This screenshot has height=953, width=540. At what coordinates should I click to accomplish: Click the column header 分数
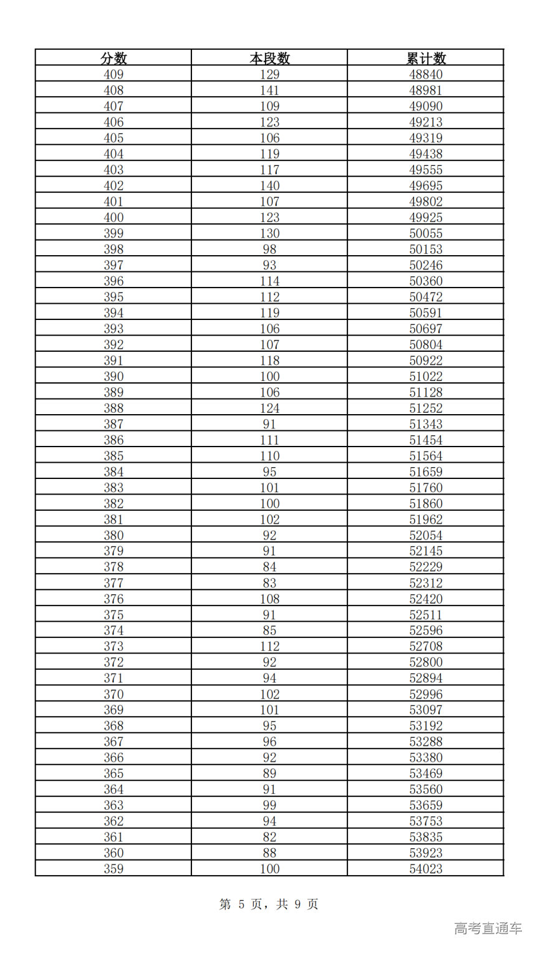point(113,59)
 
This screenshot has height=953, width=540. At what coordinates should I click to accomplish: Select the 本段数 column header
point(269,59)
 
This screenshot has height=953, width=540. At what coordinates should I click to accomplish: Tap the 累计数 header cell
point(426,59)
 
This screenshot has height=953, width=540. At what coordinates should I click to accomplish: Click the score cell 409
point(113,74)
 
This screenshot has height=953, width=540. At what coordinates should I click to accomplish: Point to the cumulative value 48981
point(426,90)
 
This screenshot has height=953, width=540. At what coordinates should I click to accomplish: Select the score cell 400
point(113,218)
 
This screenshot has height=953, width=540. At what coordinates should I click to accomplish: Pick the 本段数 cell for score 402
point(269,186)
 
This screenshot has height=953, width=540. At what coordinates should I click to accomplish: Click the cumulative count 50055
point(426,233)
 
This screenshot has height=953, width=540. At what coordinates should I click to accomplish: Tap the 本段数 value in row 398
point(269,249)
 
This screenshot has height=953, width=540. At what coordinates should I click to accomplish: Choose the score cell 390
point(113,377)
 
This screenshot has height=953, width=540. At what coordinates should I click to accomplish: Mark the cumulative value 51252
point(426,409)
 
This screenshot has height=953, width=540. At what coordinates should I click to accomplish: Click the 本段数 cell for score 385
point(269,456)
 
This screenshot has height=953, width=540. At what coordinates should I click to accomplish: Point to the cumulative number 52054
point(426,535)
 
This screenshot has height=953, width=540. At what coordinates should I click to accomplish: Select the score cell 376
point(113,599)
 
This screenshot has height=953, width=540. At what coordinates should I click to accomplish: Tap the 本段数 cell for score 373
point(269,646)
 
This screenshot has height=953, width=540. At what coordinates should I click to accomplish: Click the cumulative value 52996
point(426,694)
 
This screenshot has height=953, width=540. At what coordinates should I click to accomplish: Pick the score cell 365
point(113,773)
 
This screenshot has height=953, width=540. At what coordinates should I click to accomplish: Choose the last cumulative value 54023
point(426,869)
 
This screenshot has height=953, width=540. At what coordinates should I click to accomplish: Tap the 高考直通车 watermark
point(488,929)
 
